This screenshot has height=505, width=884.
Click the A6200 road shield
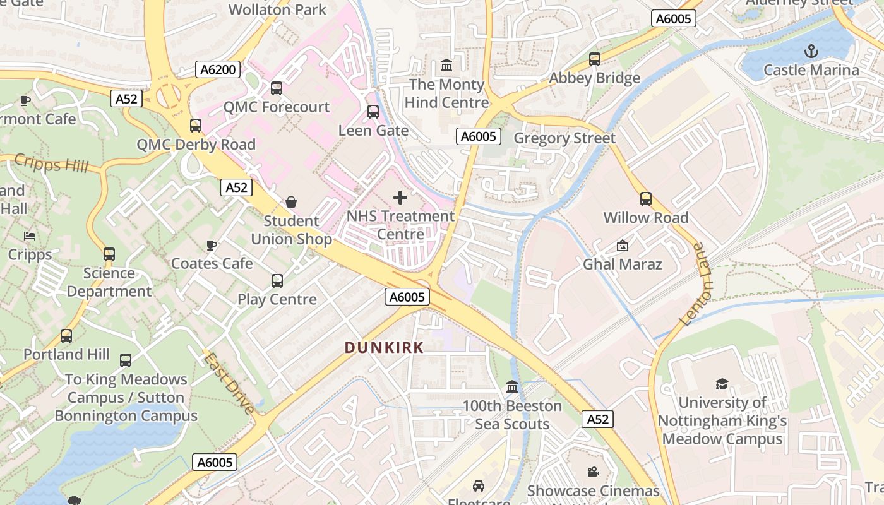(218, 69)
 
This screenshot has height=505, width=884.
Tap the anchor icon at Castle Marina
(811, 51)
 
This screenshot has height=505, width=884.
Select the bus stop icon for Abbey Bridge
(594, 59)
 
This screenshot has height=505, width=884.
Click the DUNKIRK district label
(384, 347)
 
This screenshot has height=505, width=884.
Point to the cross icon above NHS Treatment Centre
(400, 198)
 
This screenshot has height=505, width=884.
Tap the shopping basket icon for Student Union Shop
(291, 202)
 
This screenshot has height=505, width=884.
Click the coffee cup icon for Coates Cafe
(212, 245)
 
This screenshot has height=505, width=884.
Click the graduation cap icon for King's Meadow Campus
(722, 384)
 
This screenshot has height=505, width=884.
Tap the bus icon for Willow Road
(645, 199)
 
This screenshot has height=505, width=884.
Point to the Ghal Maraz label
(622, 264)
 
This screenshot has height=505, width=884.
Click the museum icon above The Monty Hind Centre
(446, 66)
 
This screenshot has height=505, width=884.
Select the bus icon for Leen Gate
(373, 112)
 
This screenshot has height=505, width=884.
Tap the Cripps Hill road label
(51, 164)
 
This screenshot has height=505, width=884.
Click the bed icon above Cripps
(30, 236)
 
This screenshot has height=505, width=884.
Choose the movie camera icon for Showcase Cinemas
(593, 472)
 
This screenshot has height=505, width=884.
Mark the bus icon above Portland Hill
(66, 336)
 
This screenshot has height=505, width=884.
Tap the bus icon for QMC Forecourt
(277, 88)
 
